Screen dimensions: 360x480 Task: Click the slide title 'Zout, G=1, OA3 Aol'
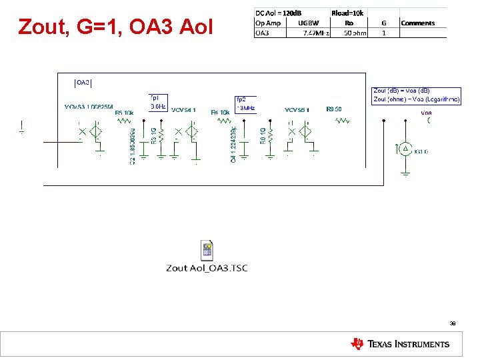pyautogui.click(x=116, y=27)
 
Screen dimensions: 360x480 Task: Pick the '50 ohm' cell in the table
pyautogui.click(x=354, y=33)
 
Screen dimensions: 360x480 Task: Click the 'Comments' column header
pyautogui.click(x=417, y=23)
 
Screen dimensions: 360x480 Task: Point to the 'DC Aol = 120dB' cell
pyautogui.click(x=278, y=13)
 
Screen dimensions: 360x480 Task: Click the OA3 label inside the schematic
pyautogui.click(x=83, y=83)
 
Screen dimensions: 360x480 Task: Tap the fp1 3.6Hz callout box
pyautogui.click(x=158, y=102)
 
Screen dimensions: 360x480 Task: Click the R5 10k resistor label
pyautogui.click(x=124, y=113)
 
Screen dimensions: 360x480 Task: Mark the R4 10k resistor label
pyautogui.click(x=220, y=113)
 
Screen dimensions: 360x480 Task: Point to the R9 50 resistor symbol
pyautogui.click(x=342, y=121)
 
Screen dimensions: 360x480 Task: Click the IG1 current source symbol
pyautogui.click(x=405, y=149)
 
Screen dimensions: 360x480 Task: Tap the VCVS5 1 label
pyautogui.click(x=297, y=109)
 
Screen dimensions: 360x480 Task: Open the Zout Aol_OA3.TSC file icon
pyautogui.click(x=207, y=251)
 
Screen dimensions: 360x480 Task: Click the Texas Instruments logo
pyautogui.click(x=400, y=344)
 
